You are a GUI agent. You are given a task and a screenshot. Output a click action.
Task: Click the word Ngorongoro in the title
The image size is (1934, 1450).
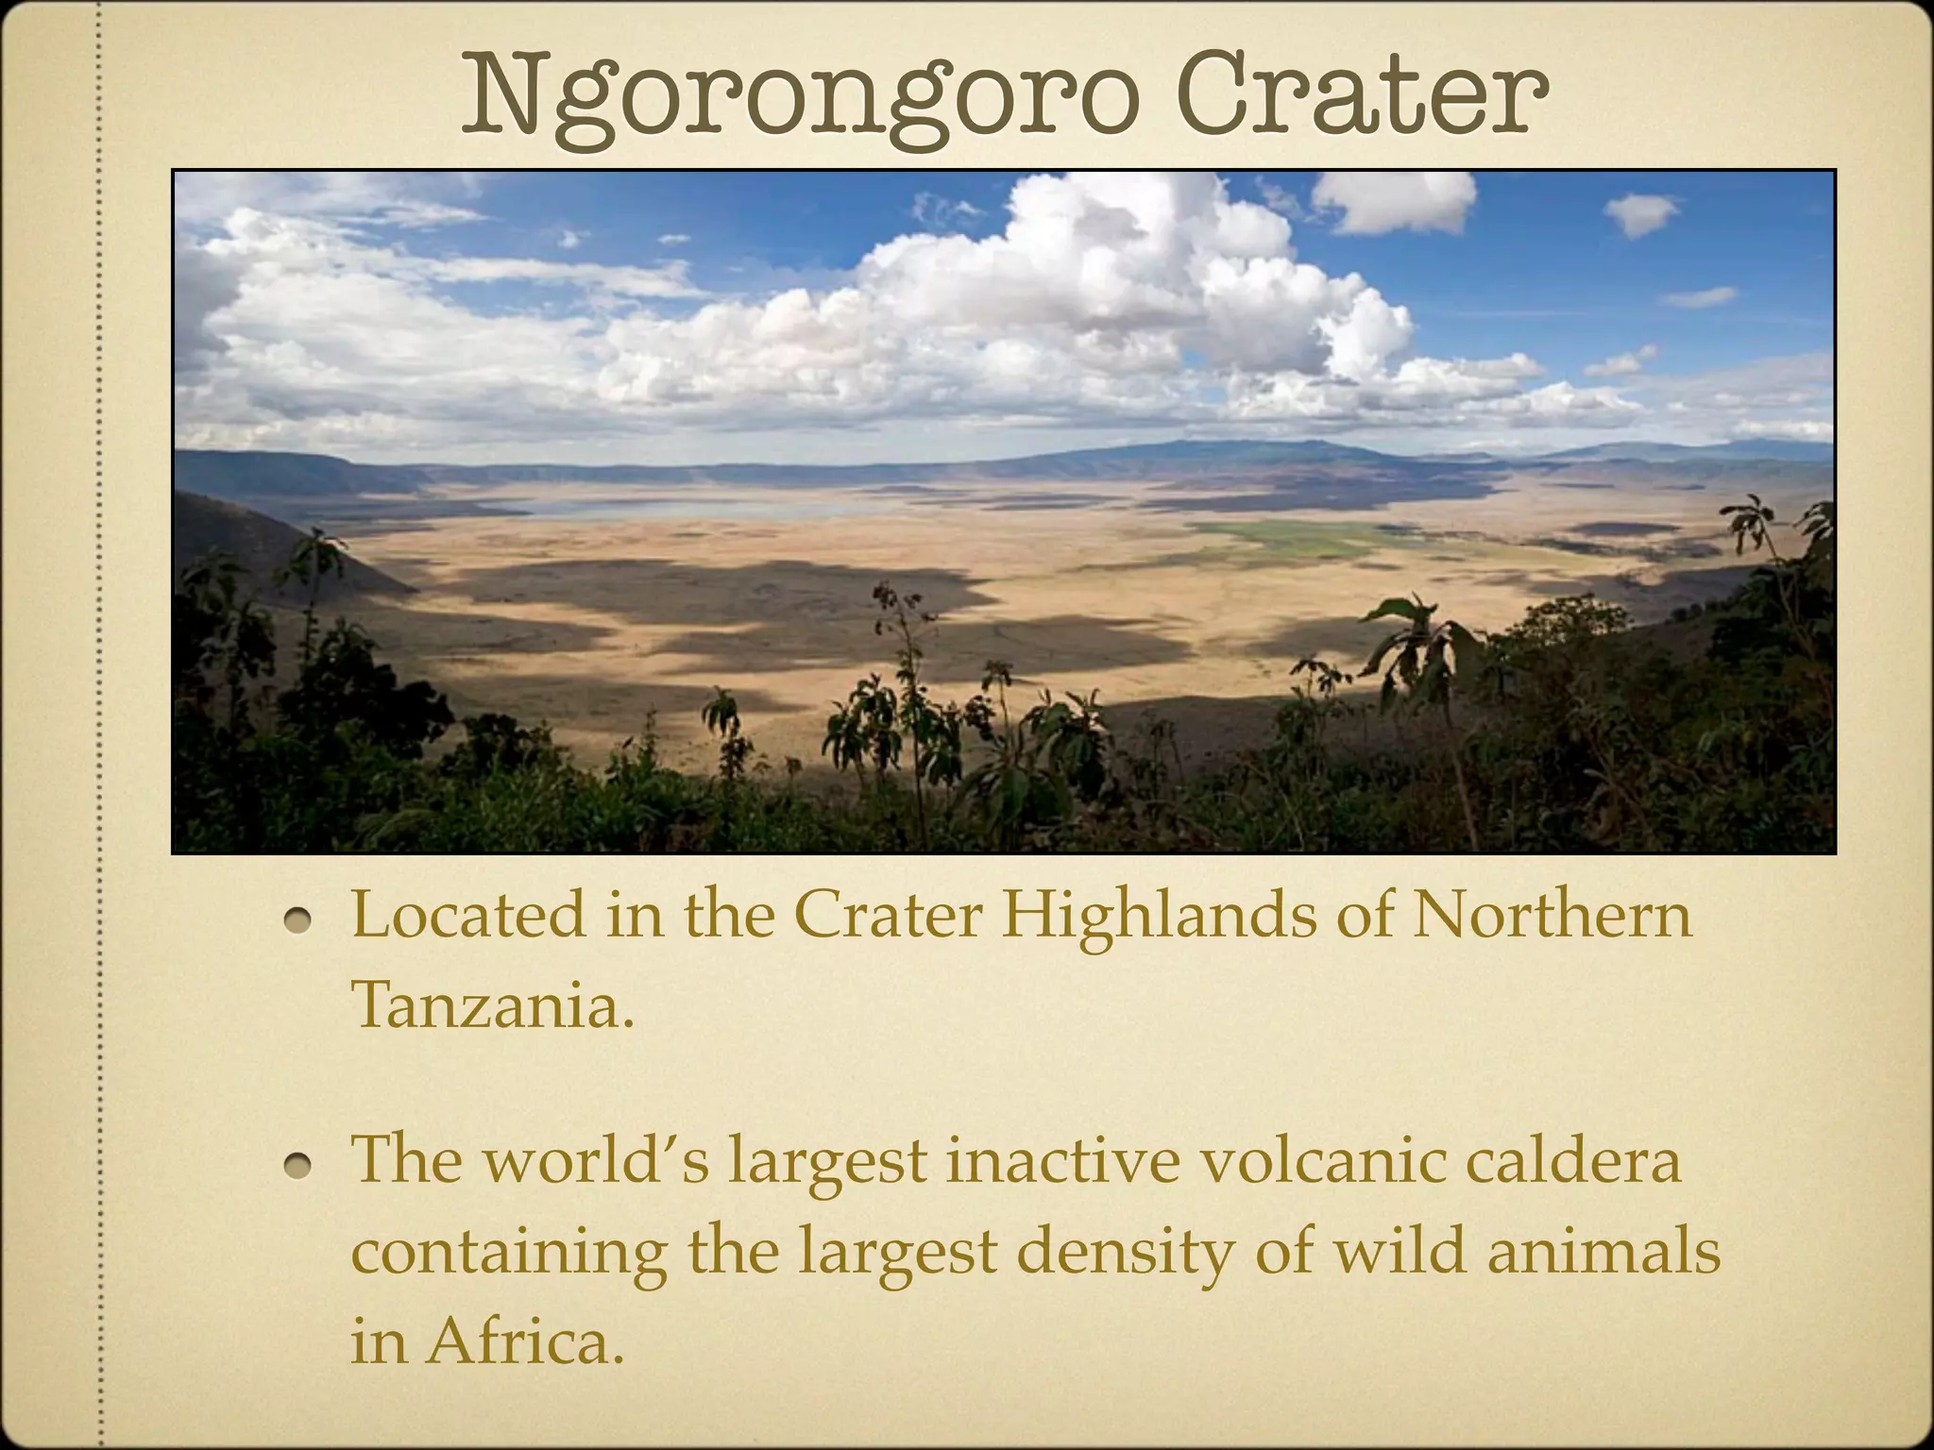pos(798,94)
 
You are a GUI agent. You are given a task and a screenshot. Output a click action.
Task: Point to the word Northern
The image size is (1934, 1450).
pos(1551,916)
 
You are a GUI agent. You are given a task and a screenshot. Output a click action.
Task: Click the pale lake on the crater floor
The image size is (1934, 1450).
pos(661,508)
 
